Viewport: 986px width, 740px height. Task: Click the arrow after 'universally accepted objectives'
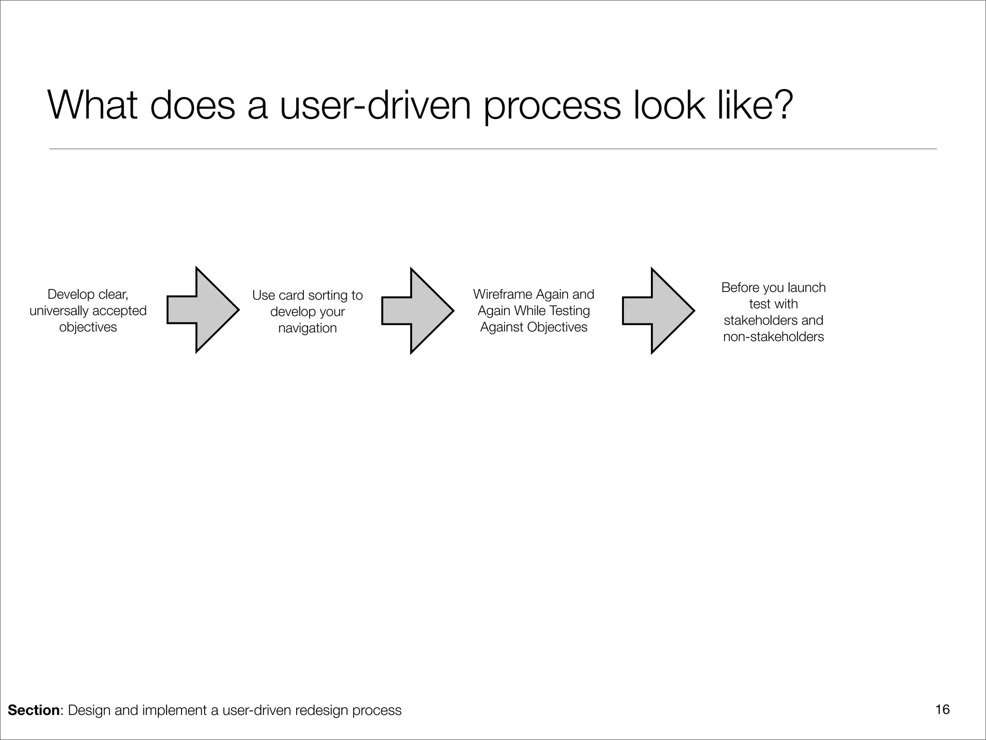[203, 309]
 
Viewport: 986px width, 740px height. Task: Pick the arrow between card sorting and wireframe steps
[417, 311]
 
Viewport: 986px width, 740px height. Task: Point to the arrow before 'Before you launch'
[658, 311]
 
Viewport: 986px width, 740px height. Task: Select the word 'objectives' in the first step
[88, 327]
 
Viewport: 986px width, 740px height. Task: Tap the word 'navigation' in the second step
[307, 328]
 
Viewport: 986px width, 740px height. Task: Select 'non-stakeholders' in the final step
[773, 337]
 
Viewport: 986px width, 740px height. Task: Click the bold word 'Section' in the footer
[34, 710]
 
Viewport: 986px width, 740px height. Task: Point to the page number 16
[942, 710]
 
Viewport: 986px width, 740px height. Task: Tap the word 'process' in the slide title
[552, 106]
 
